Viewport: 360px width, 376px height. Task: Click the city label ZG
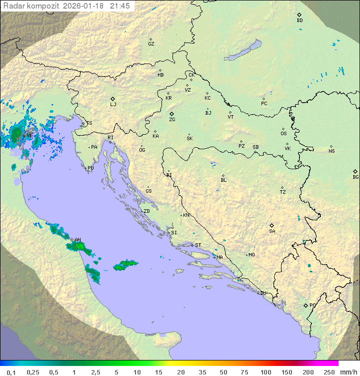tap(172, 120)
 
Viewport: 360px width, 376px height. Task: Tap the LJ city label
tap(113, 104)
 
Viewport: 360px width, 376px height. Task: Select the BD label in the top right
tap(299, 21)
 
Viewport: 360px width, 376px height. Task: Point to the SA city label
tap(272, 231)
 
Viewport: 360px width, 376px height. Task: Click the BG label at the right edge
tap(355, 177)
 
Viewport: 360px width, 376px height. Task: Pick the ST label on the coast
tap(198, 245)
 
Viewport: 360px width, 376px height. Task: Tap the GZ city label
tap(151, 44)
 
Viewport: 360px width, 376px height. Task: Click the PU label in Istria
tap(90, 168)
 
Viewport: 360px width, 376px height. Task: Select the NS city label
tap(331, 151)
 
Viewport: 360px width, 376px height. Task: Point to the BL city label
tap(223, 180)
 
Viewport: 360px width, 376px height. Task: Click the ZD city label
tap(146, 211)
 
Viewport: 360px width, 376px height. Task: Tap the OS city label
tap(283, 134)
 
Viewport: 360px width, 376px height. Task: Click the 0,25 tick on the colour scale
tap(33, 372)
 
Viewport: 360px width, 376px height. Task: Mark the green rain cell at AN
tap(76, 246)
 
